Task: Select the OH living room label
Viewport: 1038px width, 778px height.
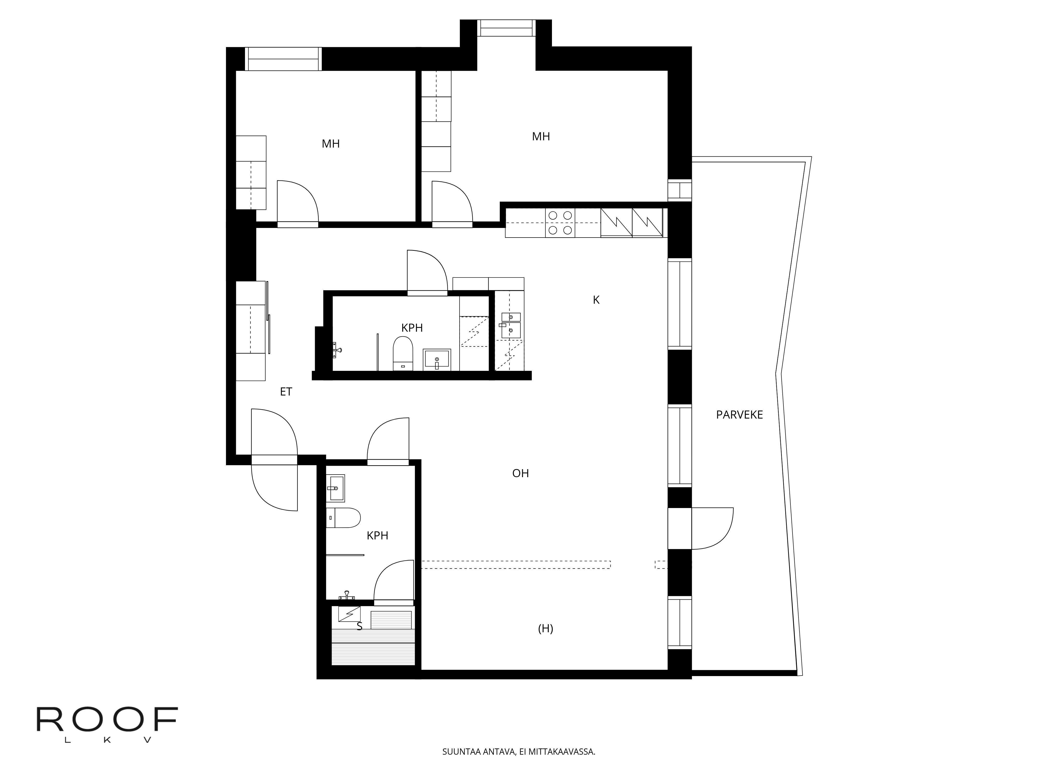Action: tap(520, 473)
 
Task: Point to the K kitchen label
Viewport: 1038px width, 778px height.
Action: tap(596, 300)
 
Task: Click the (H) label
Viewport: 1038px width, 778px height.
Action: tap(545, 629)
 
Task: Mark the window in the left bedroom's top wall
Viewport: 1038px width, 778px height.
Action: tap(283, 59)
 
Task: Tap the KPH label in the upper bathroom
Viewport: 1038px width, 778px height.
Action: tap(412, 328)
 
